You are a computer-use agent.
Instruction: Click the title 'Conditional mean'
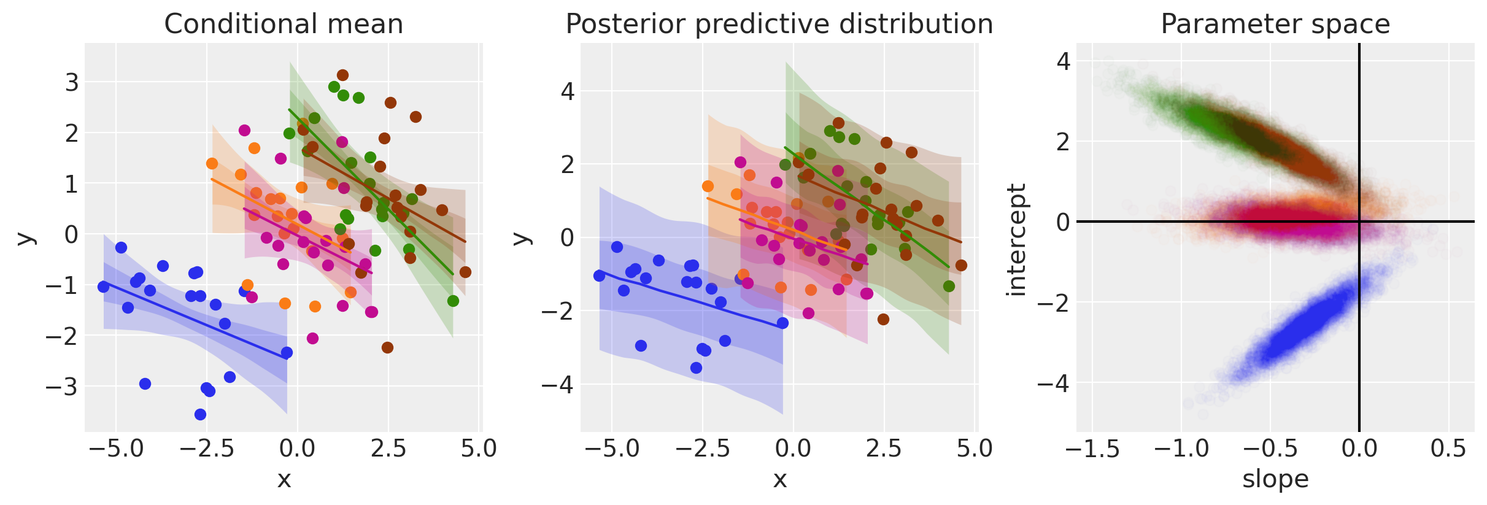click(284, 25)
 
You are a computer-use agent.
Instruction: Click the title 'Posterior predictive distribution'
click(779, 25)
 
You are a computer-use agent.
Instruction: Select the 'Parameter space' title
click(1275, 25)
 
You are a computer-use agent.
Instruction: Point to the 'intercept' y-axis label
click(1016, 239)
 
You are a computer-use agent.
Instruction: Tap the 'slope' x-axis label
click(1275, 479)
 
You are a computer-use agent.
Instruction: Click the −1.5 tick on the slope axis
click(1092, 449)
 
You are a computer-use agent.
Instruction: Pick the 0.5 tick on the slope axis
click(1448, 449)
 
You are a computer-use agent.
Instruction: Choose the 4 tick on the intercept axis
click(1063, 61)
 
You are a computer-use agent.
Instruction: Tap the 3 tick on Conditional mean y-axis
click(72, 82)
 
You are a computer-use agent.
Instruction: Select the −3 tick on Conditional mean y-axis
click(63, 387)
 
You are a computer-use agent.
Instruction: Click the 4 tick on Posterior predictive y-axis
click(568, 92)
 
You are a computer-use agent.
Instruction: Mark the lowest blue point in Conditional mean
click(200, 414)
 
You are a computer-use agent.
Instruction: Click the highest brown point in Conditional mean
click(342, 75)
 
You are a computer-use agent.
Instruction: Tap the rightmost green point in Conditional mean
click(453, 301)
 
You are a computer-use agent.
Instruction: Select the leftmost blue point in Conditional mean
click(103, 287)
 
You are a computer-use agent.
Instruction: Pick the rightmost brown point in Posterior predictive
click(961, 265)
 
